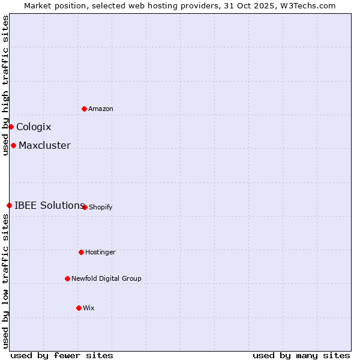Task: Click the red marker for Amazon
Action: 85,109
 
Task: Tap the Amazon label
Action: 101,109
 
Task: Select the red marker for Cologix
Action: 11,127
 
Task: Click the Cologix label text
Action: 34,127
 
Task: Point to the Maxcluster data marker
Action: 13,145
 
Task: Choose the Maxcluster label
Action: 44,145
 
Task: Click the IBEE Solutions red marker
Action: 9,205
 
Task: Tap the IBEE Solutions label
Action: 49,205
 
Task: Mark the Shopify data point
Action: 85,207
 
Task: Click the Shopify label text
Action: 101,208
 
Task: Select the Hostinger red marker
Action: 81,252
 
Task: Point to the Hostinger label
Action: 100,252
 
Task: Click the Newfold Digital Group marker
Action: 67,278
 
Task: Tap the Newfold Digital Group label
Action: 106,278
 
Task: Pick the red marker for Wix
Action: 79,308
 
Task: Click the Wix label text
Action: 89,308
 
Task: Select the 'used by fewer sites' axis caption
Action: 62,355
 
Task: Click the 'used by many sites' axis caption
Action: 301,355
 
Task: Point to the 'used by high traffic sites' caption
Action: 5,85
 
